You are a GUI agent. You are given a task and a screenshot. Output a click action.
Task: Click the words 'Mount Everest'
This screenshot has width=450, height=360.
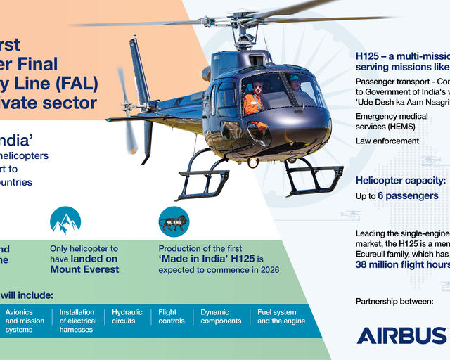84,269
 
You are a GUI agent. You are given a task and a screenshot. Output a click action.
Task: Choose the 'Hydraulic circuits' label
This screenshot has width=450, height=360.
127,316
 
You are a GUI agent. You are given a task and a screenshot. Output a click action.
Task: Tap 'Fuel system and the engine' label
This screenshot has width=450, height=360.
281,316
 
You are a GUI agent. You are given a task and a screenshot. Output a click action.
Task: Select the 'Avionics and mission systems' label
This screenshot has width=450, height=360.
25,321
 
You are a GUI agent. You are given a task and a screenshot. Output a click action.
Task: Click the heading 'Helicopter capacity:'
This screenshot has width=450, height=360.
401,180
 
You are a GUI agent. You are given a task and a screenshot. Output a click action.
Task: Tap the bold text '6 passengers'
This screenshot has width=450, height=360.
408,195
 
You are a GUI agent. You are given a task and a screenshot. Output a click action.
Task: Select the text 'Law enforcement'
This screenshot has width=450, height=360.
387,141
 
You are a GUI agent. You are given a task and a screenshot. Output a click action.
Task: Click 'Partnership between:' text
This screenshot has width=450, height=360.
394,302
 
